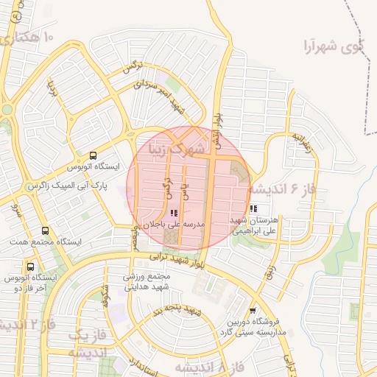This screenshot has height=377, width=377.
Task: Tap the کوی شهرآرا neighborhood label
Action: pos(323,46)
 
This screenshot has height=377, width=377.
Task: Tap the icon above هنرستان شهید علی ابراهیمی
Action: pos(253,209)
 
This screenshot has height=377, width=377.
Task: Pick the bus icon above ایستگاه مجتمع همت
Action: pos(46,231)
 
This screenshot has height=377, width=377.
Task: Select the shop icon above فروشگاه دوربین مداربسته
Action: pos(253,311)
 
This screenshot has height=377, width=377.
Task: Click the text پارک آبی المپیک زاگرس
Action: pos(67,186)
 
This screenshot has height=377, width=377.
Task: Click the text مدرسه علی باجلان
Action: pos(175,222)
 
